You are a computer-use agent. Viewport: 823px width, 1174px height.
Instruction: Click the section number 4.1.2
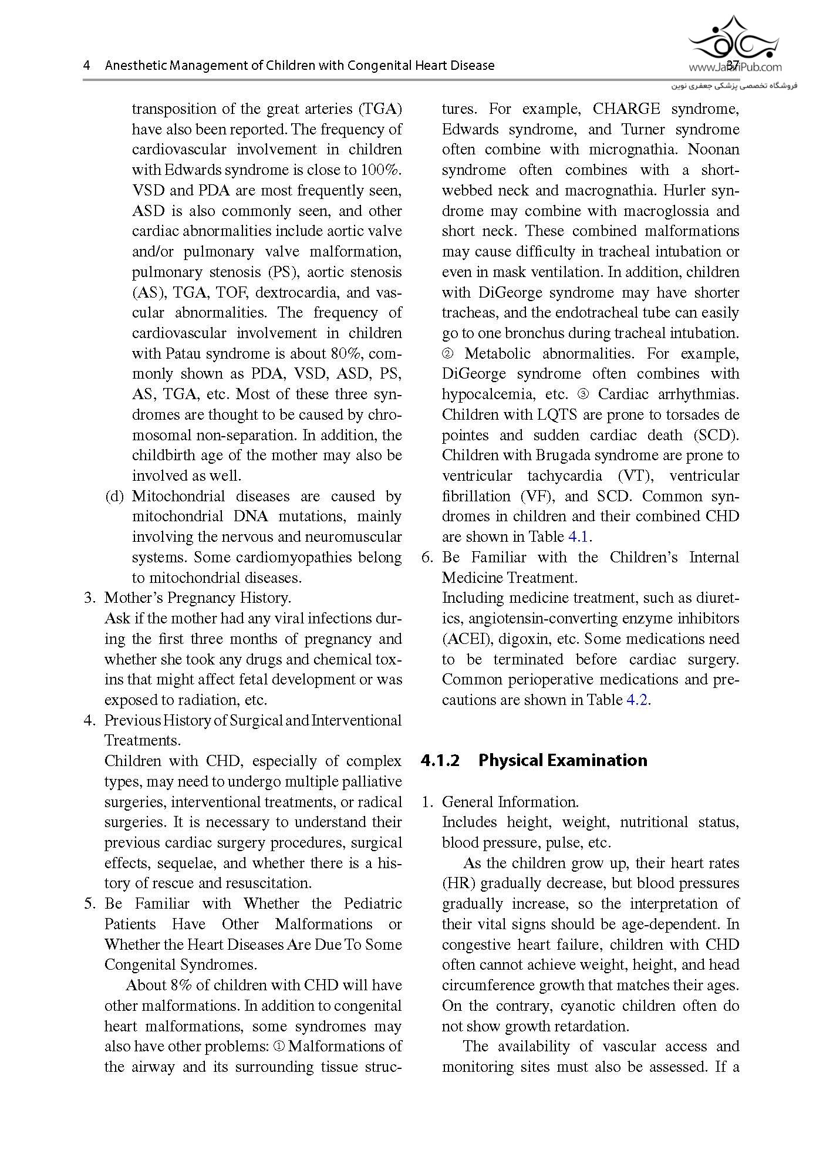pos(440,760)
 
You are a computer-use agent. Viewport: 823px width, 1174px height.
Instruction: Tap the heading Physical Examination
pos(562,760)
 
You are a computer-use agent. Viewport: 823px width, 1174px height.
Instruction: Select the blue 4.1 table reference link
pos(578,537)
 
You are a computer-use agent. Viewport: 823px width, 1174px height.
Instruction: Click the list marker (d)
pos(114,496)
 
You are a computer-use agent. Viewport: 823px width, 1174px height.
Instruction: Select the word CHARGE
pos(626,109)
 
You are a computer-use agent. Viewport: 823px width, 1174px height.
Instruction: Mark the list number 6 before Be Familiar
pos(427,557)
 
